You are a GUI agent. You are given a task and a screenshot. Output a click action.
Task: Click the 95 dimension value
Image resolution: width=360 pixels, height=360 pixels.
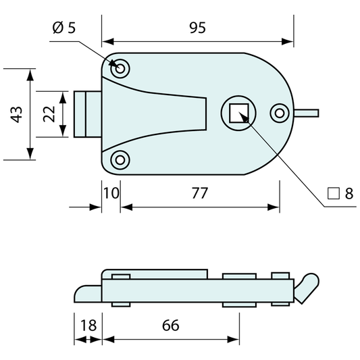[x=197, y=28]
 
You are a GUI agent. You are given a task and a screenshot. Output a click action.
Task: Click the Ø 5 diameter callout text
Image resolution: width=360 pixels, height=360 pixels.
[x=64, y=28]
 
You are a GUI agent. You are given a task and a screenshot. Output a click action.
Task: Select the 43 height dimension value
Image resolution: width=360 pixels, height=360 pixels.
[x=16, y=115]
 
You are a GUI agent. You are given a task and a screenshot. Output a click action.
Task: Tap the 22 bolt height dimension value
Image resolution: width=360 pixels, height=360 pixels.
[x=49, y=114]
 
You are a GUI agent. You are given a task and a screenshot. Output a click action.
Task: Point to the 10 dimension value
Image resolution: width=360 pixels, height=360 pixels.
[x=111, y=193]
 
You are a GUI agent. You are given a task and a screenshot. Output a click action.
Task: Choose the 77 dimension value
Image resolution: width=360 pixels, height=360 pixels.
[x=200, y=193]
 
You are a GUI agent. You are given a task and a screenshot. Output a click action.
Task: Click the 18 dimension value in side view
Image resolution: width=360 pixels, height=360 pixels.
[x=88, y=326]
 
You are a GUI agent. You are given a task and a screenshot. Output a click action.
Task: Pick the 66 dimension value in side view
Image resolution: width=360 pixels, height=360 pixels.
[x=171, y=326]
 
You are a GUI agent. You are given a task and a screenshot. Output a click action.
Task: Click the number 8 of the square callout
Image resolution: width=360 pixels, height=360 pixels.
[x=349, y=194]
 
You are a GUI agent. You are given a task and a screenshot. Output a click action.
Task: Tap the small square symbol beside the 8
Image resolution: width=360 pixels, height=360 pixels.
[x=334, y=194]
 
